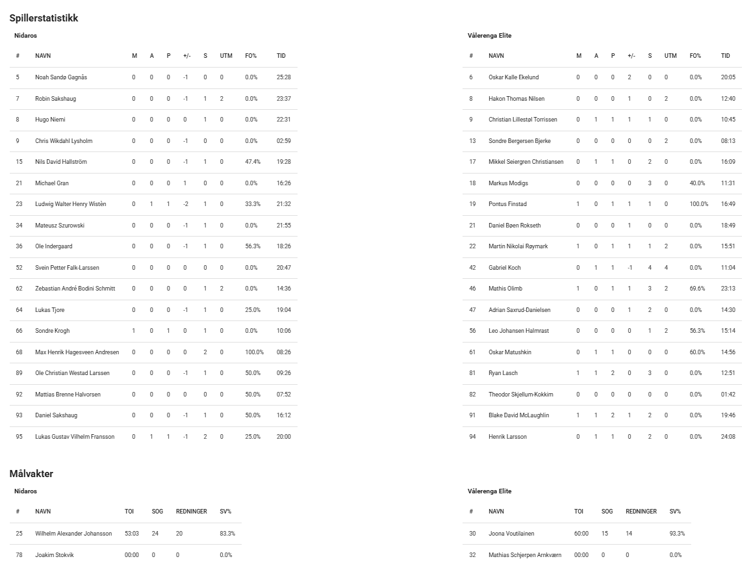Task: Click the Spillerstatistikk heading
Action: (44, 18)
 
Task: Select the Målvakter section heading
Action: (31, 474)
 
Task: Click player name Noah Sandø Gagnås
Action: (61, 77)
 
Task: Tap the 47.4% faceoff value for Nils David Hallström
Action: (253, 162)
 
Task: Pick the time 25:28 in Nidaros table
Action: (283, 77)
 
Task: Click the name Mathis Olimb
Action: (505, 289)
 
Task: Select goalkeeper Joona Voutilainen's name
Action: (511, 534)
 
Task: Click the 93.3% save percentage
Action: (677, 534)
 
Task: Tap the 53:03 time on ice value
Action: (132, 534)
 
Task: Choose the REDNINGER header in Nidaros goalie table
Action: (191, 512)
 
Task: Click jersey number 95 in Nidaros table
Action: (19, 437)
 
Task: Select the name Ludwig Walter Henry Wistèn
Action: (70, 204)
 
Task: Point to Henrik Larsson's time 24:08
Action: (728, 437)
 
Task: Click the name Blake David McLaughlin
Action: (518, 415)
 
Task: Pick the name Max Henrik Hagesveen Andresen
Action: (77, 352)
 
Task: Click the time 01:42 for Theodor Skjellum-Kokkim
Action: (728, 395)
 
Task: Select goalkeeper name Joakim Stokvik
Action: (55, 555)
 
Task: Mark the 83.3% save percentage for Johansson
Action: (227, 534)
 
